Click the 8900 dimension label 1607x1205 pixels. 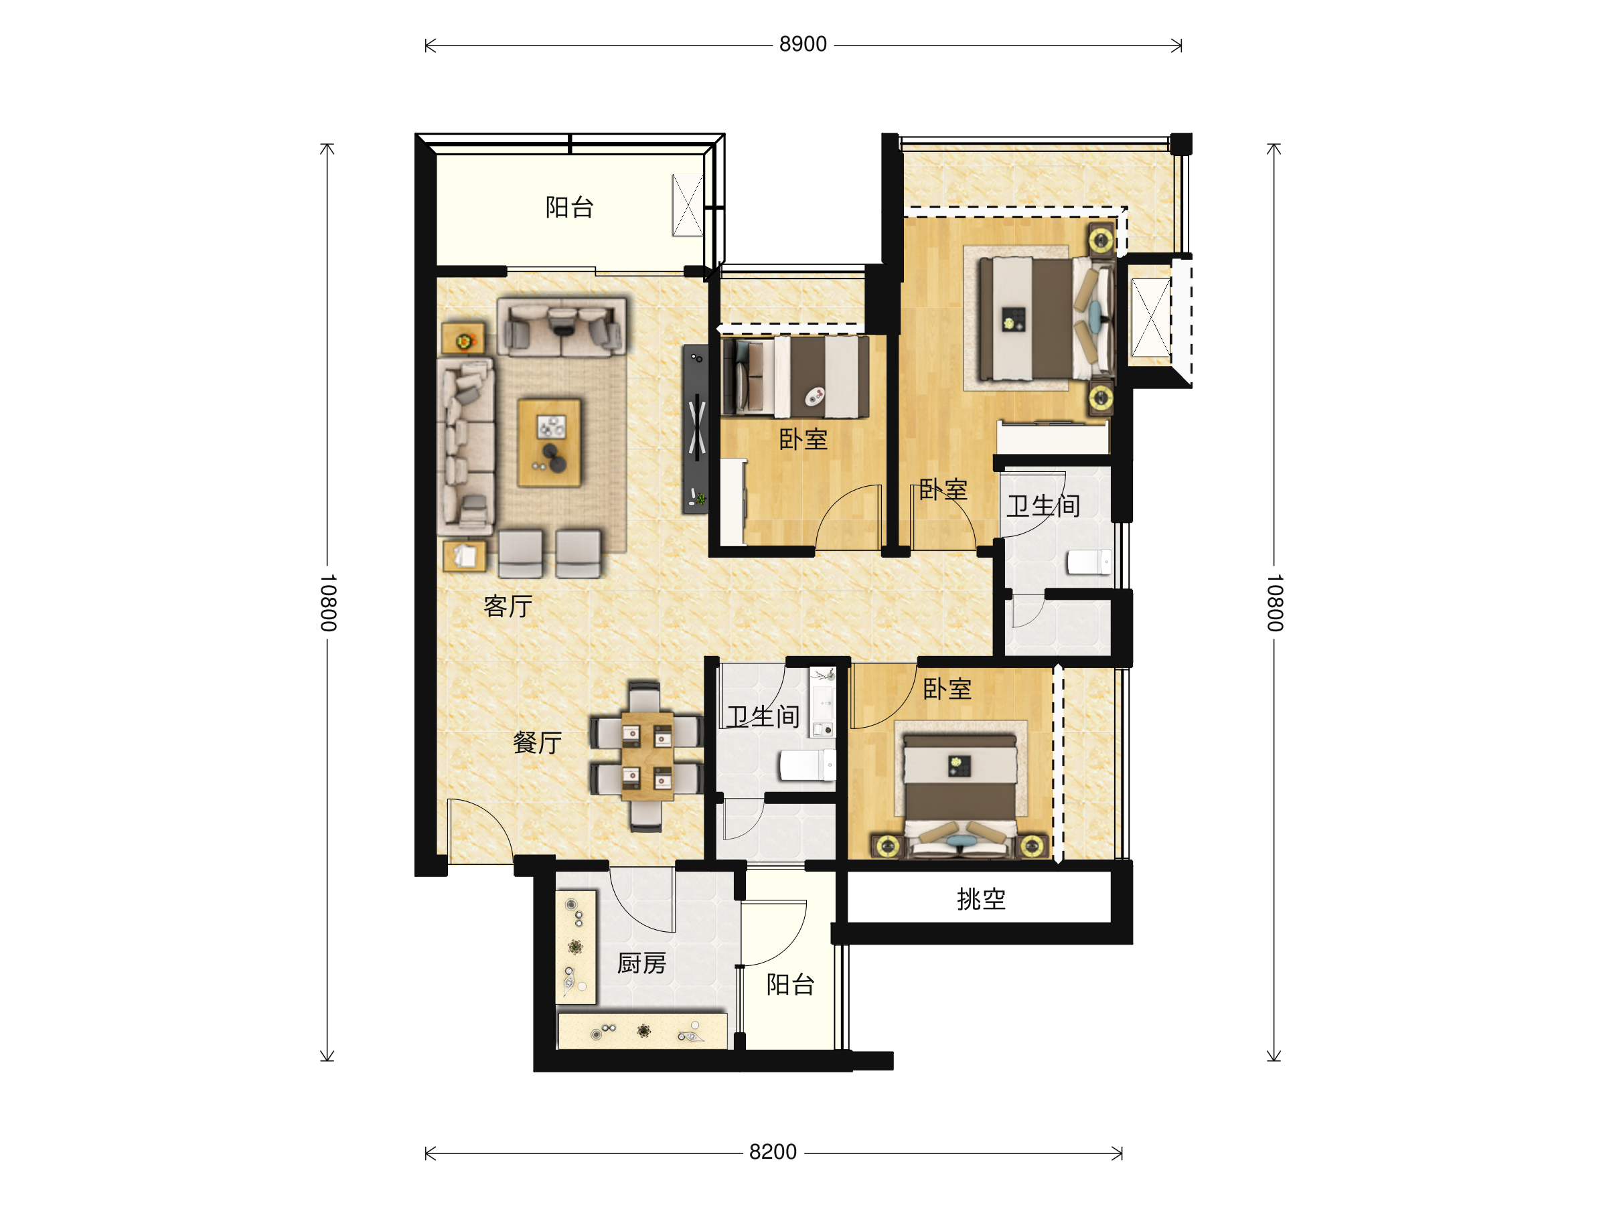click(803, 44)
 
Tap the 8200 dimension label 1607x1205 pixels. click(772, 1152)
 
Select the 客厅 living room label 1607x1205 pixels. click(508, 606)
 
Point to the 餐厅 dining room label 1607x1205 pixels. click(538, 742)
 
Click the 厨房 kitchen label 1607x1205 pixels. click(641, 963)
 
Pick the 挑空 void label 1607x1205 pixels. click(981, 899)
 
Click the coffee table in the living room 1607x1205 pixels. click(549, 443)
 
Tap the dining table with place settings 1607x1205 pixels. click(647, 756)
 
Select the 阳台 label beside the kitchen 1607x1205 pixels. click(790, 984)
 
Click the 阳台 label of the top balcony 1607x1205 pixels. click(570, 207)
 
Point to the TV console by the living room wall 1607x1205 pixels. click(695, 428)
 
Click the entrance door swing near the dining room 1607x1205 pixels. click(480, 831)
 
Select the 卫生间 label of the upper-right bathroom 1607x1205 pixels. click(1043, 505)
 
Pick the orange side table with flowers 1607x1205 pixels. click(463, 339)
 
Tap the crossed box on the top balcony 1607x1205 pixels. click(687, 205)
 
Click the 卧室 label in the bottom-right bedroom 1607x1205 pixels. click(947, 689)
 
